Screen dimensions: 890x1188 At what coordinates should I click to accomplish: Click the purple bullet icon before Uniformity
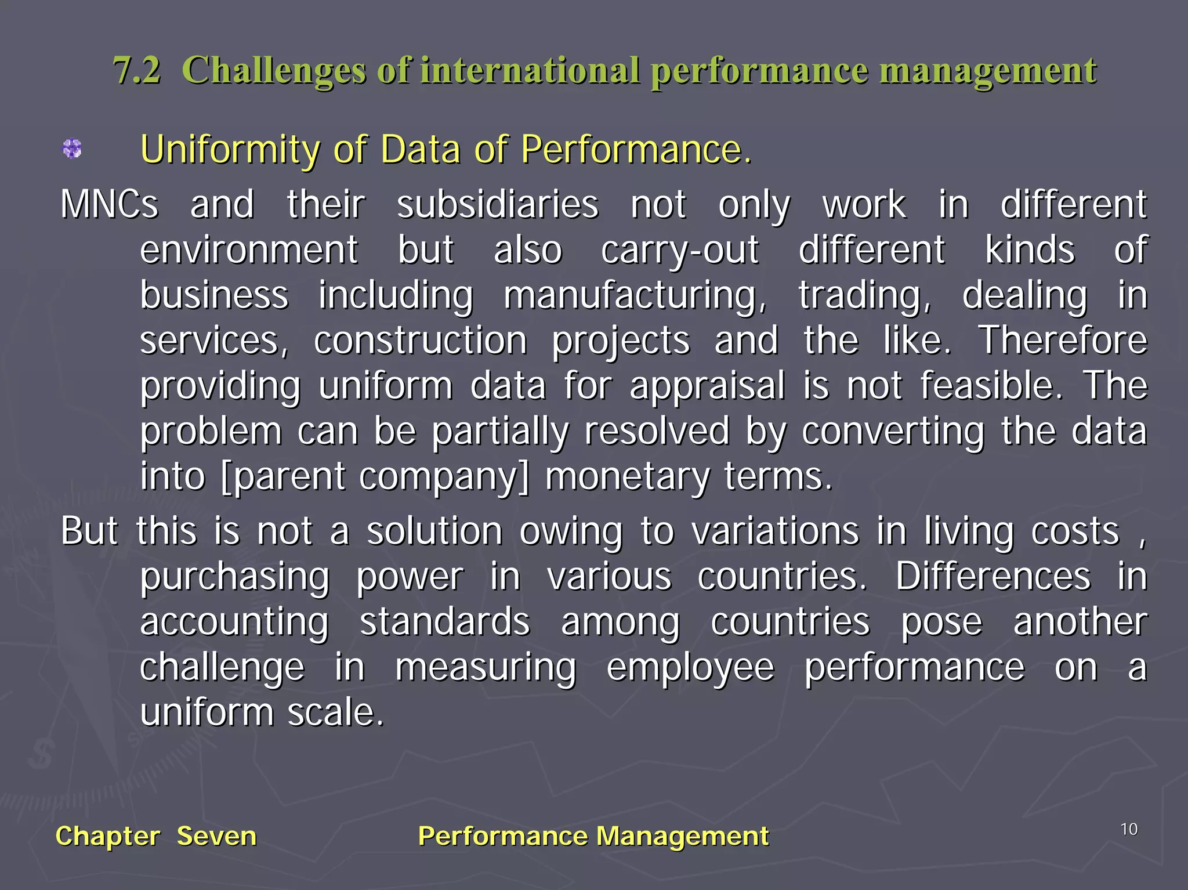click(x=72, y=149)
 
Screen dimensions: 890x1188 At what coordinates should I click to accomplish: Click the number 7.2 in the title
click(x=137, y=71)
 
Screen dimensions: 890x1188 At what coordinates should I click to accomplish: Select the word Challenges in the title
click(x=274, y=71)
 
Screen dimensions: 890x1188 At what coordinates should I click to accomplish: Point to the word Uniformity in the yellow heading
click(x=229, y=150)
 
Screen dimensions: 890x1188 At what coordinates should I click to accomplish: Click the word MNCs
click(x=109, y=205)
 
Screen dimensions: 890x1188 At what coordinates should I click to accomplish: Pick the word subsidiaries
click(x=497, y=205)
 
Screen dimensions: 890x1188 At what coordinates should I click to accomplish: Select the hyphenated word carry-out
click(x=679, y=251)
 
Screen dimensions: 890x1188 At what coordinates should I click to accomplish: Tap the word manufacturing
click(x=635, y=296)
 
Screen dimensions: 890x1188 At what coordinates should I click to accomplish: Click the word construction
click(x=420, y=341)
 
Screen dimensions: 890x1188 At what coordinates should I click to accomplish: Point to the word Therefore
click(x=1063, y=341)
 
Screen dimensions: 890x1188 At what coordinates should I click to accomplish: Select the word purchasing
click(x=235, y=577)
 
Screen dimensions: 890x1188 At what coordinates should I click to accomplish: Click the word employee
click(x=690, y=668)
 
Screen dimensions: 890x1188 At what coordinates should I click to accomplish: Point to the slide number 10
click(x=1129, y=830)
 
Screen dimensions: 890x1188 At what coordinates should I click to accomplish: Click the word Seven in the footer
click(x=216, y=836)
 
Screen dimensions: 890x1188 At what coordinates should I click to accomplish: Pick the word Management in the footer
click(x=682, y=836)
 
